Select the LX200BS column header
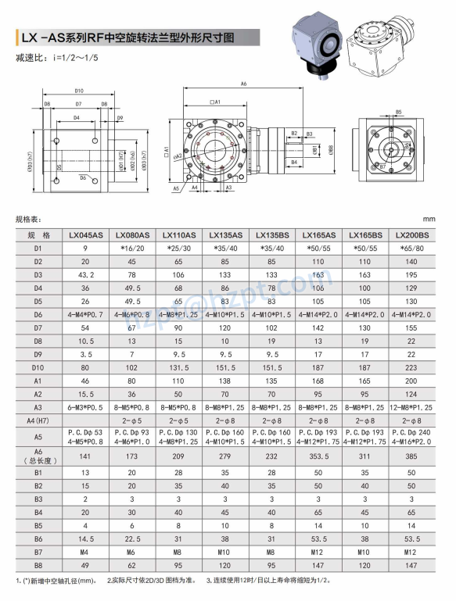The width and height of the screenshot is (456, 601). pyautogui.click(x=412, y=234)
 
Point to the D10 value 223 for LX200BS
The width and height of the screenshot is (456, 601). pyautogui.click(x=412, y=367)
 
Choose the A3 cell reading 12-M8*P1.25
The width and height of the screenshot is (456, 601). pyautogui.click(x=412, y=407)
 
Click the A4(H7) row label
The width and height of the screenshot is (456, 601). pyautogui.click(x=38, y=420)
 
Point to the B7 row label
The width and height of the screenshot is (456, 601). pyautogui.click(x=38, y=552)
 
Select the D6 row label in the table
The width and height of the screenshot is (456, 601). pyautogui.click(x=38, y=314)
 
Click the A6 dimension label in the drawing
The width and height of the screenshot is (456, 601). pyautogui.click(x=243, y=83)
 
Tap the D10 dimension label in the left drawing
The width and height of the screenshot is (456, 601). pyautogui.click(x=79, y=91)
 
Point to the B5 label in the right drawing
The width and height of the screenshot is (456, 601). pyautogui.click(x=398, y=112)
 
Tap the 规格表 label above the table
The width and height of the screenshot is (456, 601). pyautogui.click(x=28, y=220)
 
